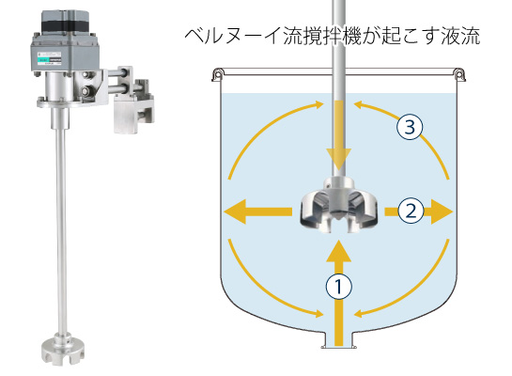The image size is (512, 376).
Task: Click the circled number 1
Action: point(339,287)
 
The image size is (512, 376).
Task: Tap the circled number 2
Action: point(411,211)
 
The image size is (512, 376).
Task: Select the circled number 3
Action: point(410,127)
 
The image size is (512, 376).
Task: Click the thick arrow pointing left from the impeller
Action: point(258,211)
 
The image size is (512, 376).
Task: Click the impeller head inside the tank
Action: point(338,205)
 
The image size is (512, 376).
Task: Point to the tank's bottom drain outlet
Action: point(338,338)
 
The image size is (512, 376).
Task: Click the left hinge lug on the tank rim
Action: point(217,74)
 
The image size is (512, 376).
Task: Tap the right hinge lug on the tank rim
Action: point(459,74)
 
